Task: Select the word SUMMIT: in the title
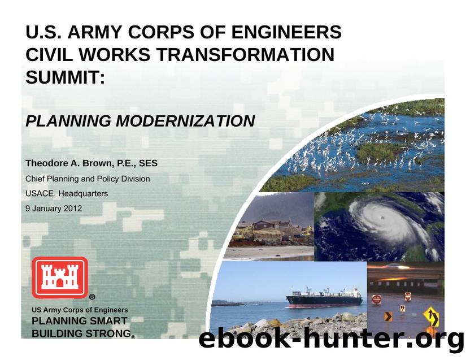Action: tap(66, 78)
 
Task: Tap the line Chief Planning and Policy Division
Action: tap(88, 179)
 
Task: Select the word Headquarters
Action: tap(83, 193)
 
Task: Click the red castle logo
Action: tap(59, 277)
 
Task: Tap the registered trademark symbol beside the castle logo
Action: tap(92, 297)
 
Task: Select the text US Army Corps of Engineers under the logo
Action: tap(80, 310)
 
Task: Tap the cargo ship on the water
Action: tap(324, 298)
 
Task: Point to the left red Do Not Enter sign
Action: tap(377, 299)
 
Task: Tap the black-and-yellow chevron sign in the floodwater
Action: tap(389, 316)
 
